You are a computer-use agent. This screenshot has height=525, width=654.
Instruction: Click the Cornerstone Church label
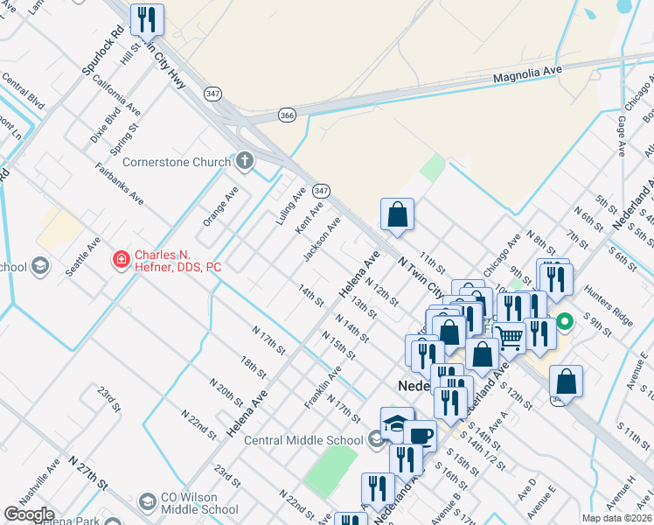(x=176, y=162)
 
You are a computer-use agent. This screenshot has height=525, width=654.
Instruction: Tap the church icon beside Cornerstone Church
(x=245, y=161)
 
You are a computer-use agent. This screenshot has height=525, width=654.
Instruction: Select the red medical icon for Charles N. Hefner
(x=120, y=260)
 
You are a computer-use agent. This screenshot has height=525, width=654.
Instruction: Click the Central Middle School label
(x=303, y=440)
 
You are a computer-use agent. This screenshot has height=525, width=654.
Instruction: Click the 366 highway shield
(x=287, y=115)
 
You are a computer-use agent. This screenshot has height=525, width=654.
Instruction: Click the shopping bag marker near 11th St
(x=397, y=213)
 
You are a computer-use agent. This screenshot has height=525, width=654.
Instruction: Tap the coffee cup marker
(x=420, y=434)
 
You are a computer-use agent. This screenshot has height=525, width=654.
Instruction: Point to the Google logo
(x=29, y=514)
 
